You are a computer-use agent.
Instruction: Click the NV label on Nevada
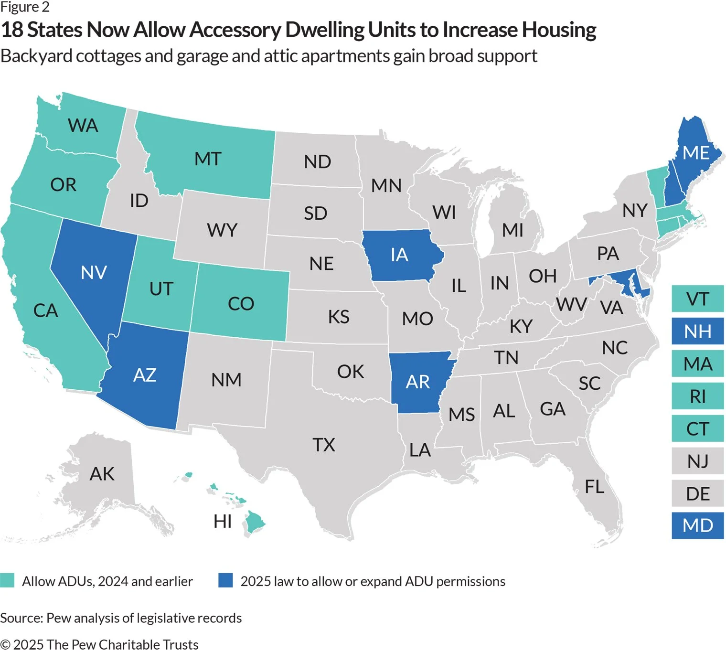tap(94, 273)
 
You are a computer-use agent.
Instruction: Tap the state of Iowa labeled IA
tap(399, 255)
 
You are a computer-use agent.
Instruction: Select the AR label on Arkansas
tap(418, 382)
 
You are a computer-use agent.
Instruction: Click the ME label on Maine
tap(696, 153)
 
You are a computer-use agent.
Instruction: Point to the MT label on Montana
tap(208, 159)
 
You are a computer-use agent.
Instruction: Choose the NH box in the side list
tap(697, 331)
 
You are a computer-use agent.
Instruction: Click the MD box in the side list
tap(697, 525)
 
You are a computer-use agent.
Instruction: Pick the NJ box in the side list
tap(697, 461)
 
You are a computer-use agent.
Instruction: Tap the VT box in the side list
tap(697, 299)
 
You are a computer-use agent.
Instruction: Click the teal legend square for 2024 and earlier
tap(8, 580)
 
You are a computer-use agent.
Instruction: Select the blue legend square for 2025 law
tap(225, 580)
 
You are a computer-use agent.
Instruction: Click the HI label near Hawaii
tap(223, 522)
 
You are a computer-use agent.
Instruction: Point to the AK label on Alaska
tap(102, 474)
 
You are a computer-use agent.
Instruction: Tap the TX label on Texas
tap(324, 445)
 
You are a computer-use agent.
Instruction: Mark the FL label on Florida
tap(594, 487)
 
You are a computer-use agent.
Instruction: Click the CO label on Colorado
tap(241, 304)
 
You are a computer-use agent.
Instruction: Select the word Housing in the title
tap(558, 30)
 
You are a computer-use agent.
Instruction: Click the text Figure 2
tap(25, 7)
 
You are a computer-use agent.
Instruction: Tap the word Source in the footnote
tap(21, 618)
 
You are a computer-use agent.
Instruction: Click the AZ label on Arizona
tap(145, 375)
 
